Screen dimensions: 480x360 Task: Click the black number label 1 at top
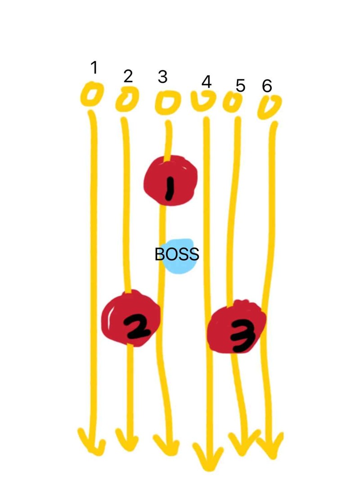[x=94, y=68]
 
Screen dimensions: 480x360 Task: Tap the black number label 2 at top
[x=128, y=77]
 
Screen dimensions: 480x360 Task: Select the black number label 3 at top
[x=162, y=77]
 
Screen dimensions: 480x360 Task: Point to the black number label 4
[x=207, y=82]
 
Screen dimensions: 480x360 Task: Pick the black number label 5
[x=240, y=85]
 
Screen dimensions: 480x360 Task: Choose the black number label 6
[x=267, y=86]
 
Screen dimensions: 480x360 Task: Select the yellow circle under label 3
[x=166, y=102]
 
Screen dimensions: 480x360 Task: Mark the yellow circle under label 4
[x=203, y=101]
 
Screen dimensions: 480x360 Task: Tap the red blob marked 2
[x=130, y=319]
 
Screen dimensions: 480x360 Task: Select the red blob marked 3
[x=237, y=328]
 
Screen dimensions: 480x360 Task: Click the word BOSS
[x=176, y=254]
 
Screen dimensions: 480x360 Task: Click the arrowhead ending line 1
[x=91, y=444]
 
